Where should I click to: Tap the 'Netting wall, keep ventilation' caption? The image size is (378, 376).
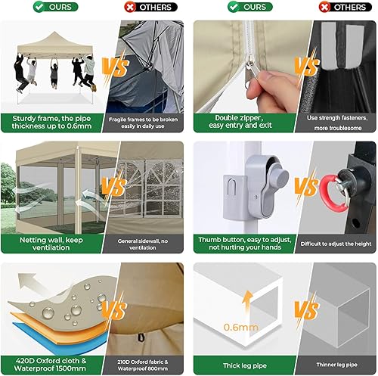[x=53, y=243]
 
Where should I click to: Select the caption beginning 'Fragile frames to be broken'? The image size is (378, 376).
[x=147, y=122]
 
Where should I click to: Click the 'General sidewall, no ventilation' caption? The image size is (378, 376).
[x=147, y=243]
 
